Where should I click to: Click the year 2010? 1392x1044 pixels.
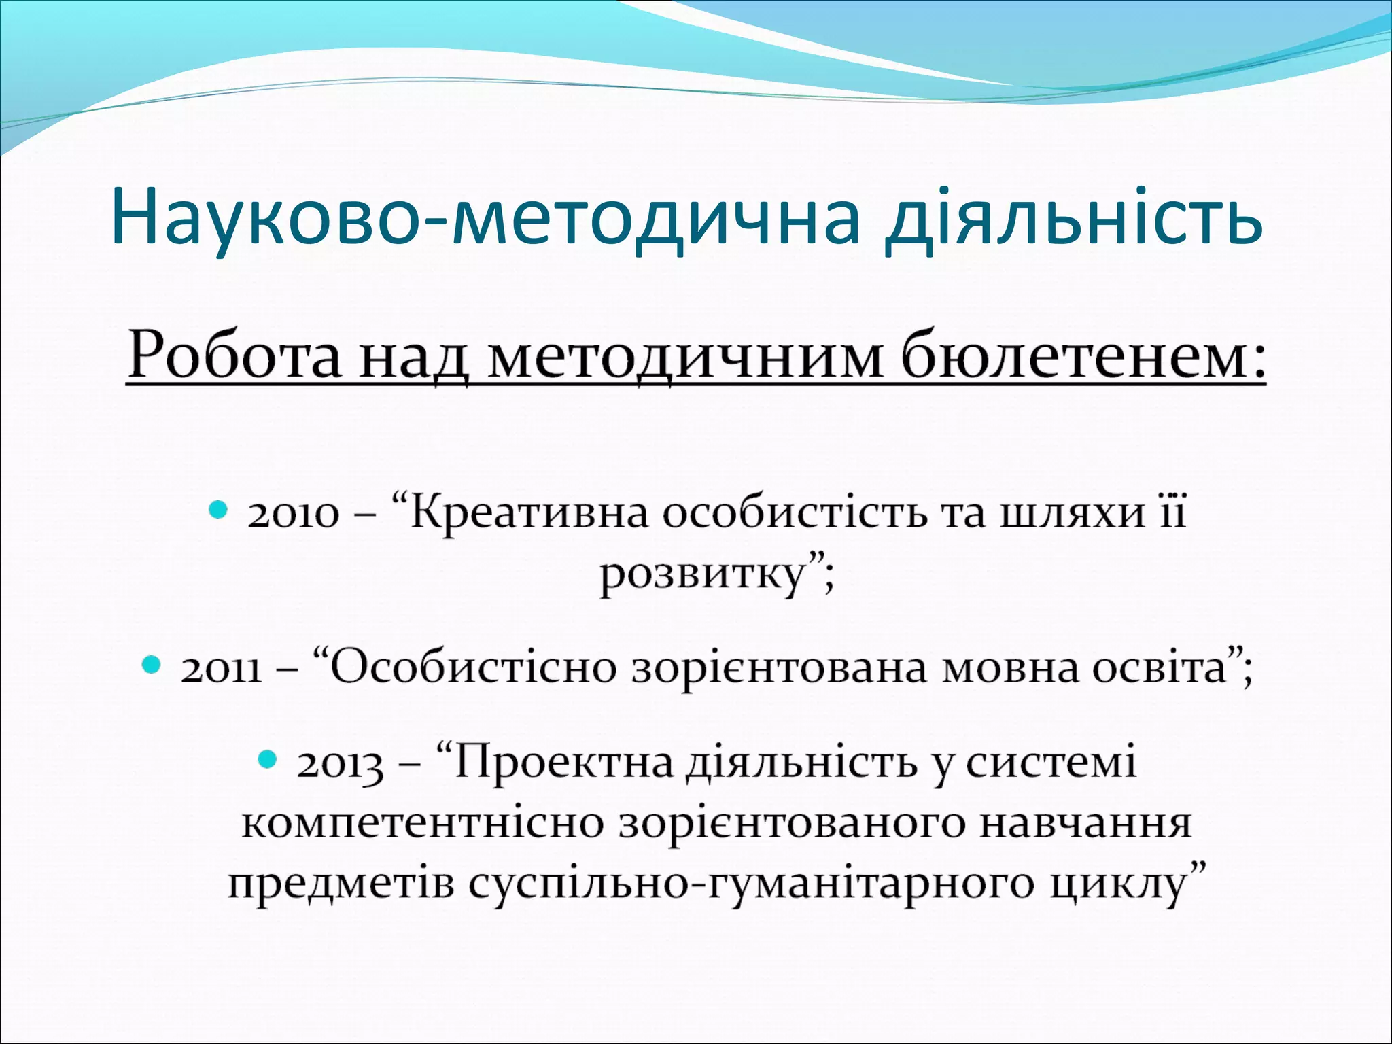point(293,514)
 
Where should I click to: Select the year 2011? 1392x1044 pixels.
point(222,669)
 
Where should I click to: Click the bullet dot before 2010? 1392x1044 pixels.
point(217,508)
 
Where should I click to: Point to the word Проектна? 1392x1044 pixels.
point(563,763)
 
